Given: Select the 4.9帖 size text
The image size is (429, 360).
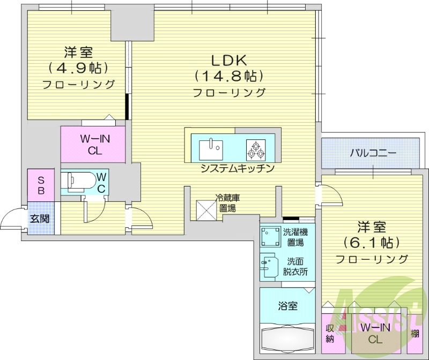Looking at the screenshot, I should point(78,68).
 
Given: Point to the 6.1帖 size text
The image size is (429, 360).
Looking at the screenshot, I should point(372,242).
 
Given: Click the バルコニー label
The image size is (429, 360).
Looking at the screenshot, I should point(373,153).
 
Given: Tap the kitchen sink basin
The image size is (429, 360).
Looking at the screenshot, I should point(211,148).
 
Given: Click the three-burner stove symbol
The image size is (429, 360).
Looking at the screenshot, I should point(256,148).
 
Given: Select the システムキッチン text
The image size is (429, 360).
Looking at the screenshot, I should point(238,168).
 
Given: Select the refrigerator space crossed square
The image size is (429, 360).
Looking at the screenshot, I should point(206,208).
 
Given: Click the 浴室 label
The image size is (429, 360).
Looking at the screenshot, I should point(288,306).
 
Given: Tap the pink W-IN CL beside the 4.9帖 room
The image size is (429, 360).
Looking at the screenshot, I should point(93,144).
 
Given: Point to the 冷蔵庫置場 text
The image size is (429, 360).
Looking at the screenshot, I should point(227,202).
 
